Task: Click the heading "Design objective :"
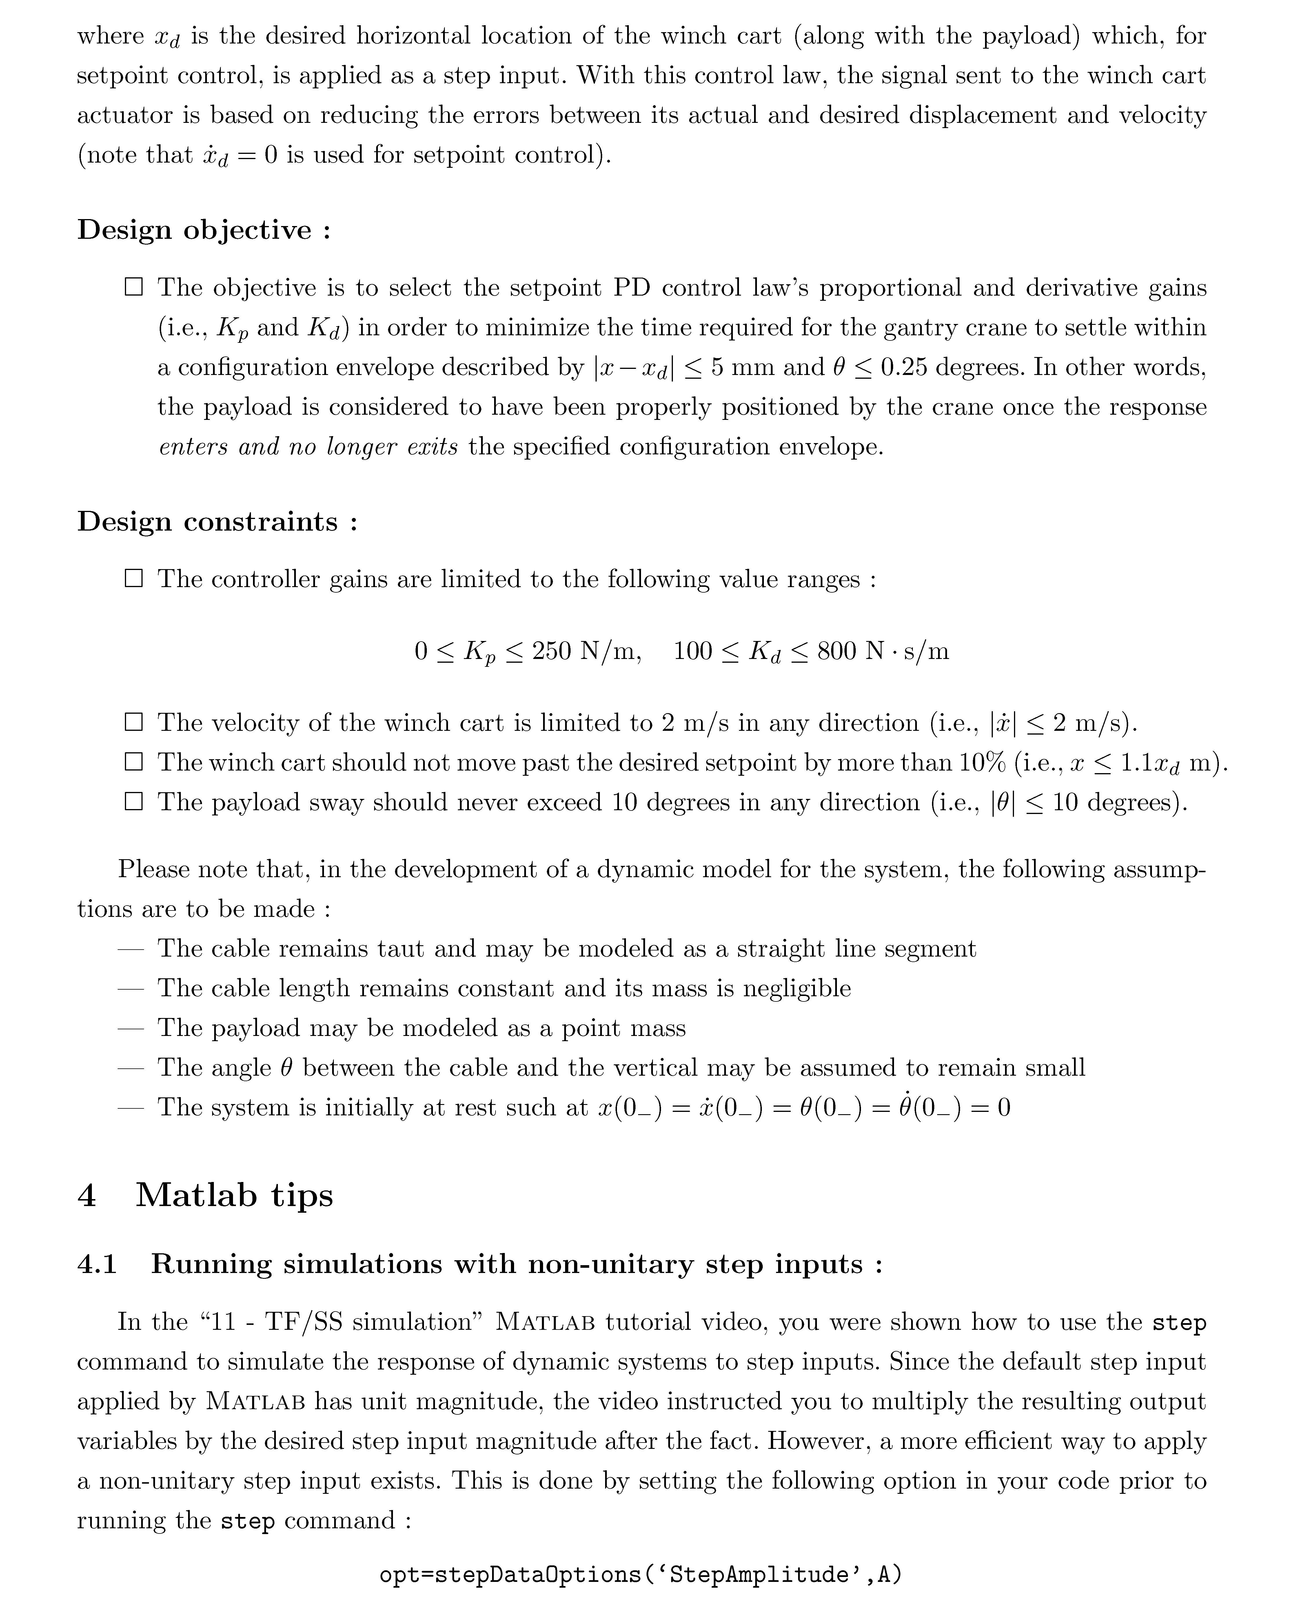pyautogui.click(x=203, y=230)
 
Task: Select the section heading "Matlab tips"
pyautogui.click(x=234, y=1195)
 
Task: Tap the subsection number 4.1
pyautogui.click(x=97, y=1264)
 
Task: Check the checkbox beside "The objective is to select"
pyautogui.click(x=134, y=287)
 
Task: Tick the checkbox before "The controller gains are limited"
pyautogui.click(x=134, y=579)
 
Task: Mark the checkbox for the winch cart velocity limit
pyautogui.click(x=134, y=722)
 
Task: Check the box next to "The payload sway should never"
pyautogui.click(x=134, y=802)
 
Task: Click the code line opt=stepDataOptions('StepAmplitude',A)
pyautogui.click(x=641, y=1575)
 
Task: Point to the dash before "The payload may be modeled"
pyautogui.click(x=130, y=1028)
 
